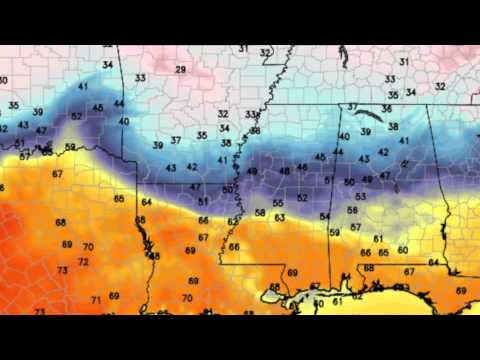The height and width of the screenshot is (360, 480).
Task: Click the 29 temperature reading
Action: point(180,69)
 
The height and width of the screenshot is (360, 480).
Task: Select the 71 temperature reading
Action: point(96,299)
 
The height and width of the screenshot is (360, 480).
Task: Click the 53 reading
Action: point(360,196)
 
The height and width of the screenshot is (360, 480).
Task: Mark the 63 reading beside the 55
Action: point(279,216)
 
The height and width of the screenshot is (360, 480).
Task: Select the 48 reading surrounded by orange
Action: point(155,256)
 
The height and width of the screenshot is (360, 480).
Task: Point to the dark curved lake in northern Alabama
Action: point(376,112)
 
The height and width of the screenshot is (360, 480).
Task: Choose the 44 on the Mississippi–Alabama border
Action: point(337,151)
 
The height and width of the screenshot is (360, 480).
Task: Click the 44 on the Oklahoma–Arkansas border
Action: point(119,103)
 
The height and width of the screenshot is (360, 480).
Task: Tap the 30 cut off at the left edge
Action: point(3,80)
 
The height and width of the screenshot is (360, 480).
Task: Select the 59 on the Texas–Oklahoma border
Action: point(70,148)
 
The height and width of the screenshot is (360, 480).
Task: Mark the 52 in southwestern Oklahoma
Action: point(77,116)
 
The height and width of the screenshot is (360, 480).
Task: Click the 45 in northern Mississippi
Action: point(320,157)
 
